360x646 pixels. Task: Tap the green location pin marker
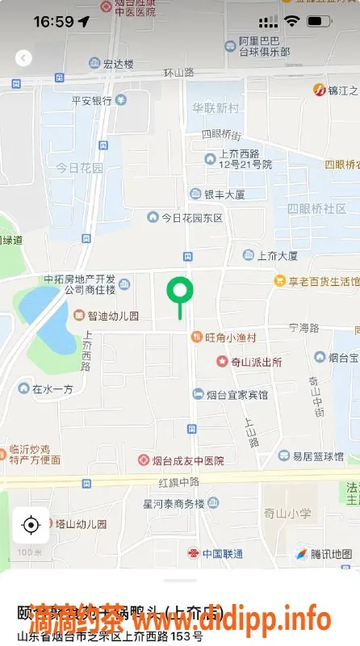(179, 291)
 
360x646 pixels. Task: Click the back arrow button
(23, 57)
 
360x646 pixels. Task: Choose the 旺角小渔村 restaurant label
(230, 338)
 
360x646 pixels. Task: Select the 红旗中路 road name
(178, 481)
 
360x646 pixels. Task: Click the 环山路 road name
(178, 73)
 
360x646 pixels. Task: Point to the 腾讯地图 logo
(324, 554)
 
